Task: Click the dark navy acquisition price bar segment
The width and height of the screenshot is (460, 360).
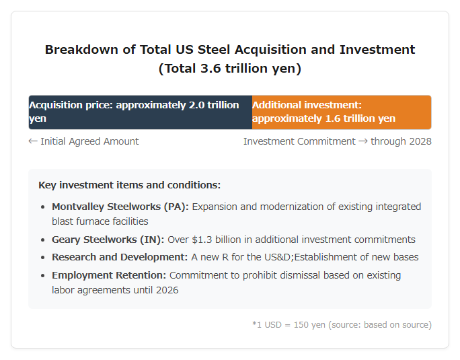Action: pos(141,112)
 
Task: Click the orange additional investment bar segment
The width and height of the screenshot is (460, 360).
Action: pos(342,112)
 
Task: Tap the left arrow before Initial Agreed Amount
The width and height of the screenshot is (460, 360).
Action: pos(33,141)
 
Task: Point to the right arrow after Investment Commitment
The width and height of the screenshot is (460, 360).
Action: pos(363,141)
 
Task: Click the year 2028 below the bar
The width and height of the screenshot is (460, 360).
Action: pos(420,141)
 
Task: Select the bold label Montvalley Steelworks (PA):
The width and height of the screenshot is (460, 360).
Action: pos(120,207)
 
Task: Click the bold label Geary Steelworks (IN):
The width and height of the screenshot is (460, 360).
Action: pos(108,240)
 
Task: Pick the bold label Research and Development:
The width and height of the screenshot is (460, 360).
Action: pos(120,257)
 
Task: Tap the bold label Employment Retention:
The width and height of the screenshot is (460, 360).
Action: pos(109,275)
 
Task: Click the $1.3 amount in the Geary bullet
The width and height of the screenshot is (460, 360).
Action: pos(202,240)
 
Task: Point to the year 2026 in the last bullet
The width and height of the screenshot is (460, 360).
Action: pos(167,290)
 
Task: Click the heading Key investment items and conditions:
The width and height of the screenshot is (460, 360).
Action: pos(129,185)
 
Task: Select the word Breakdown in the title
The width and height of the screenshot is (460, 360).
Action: pos(82,50)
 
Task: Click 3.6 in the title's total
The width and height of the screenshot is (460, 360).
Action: pos(210,69)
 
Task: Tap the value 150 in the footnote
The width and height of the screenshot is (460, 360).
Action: pos(301,325)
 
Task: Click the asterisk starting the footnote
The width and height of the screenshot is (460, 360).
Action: pos(254,324)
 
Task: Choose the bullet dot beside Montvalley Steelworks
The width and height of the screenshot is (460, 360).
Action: pos(43,207)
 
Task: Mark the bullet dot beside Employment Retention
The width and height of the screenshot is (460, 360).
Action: pos(43,276)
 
